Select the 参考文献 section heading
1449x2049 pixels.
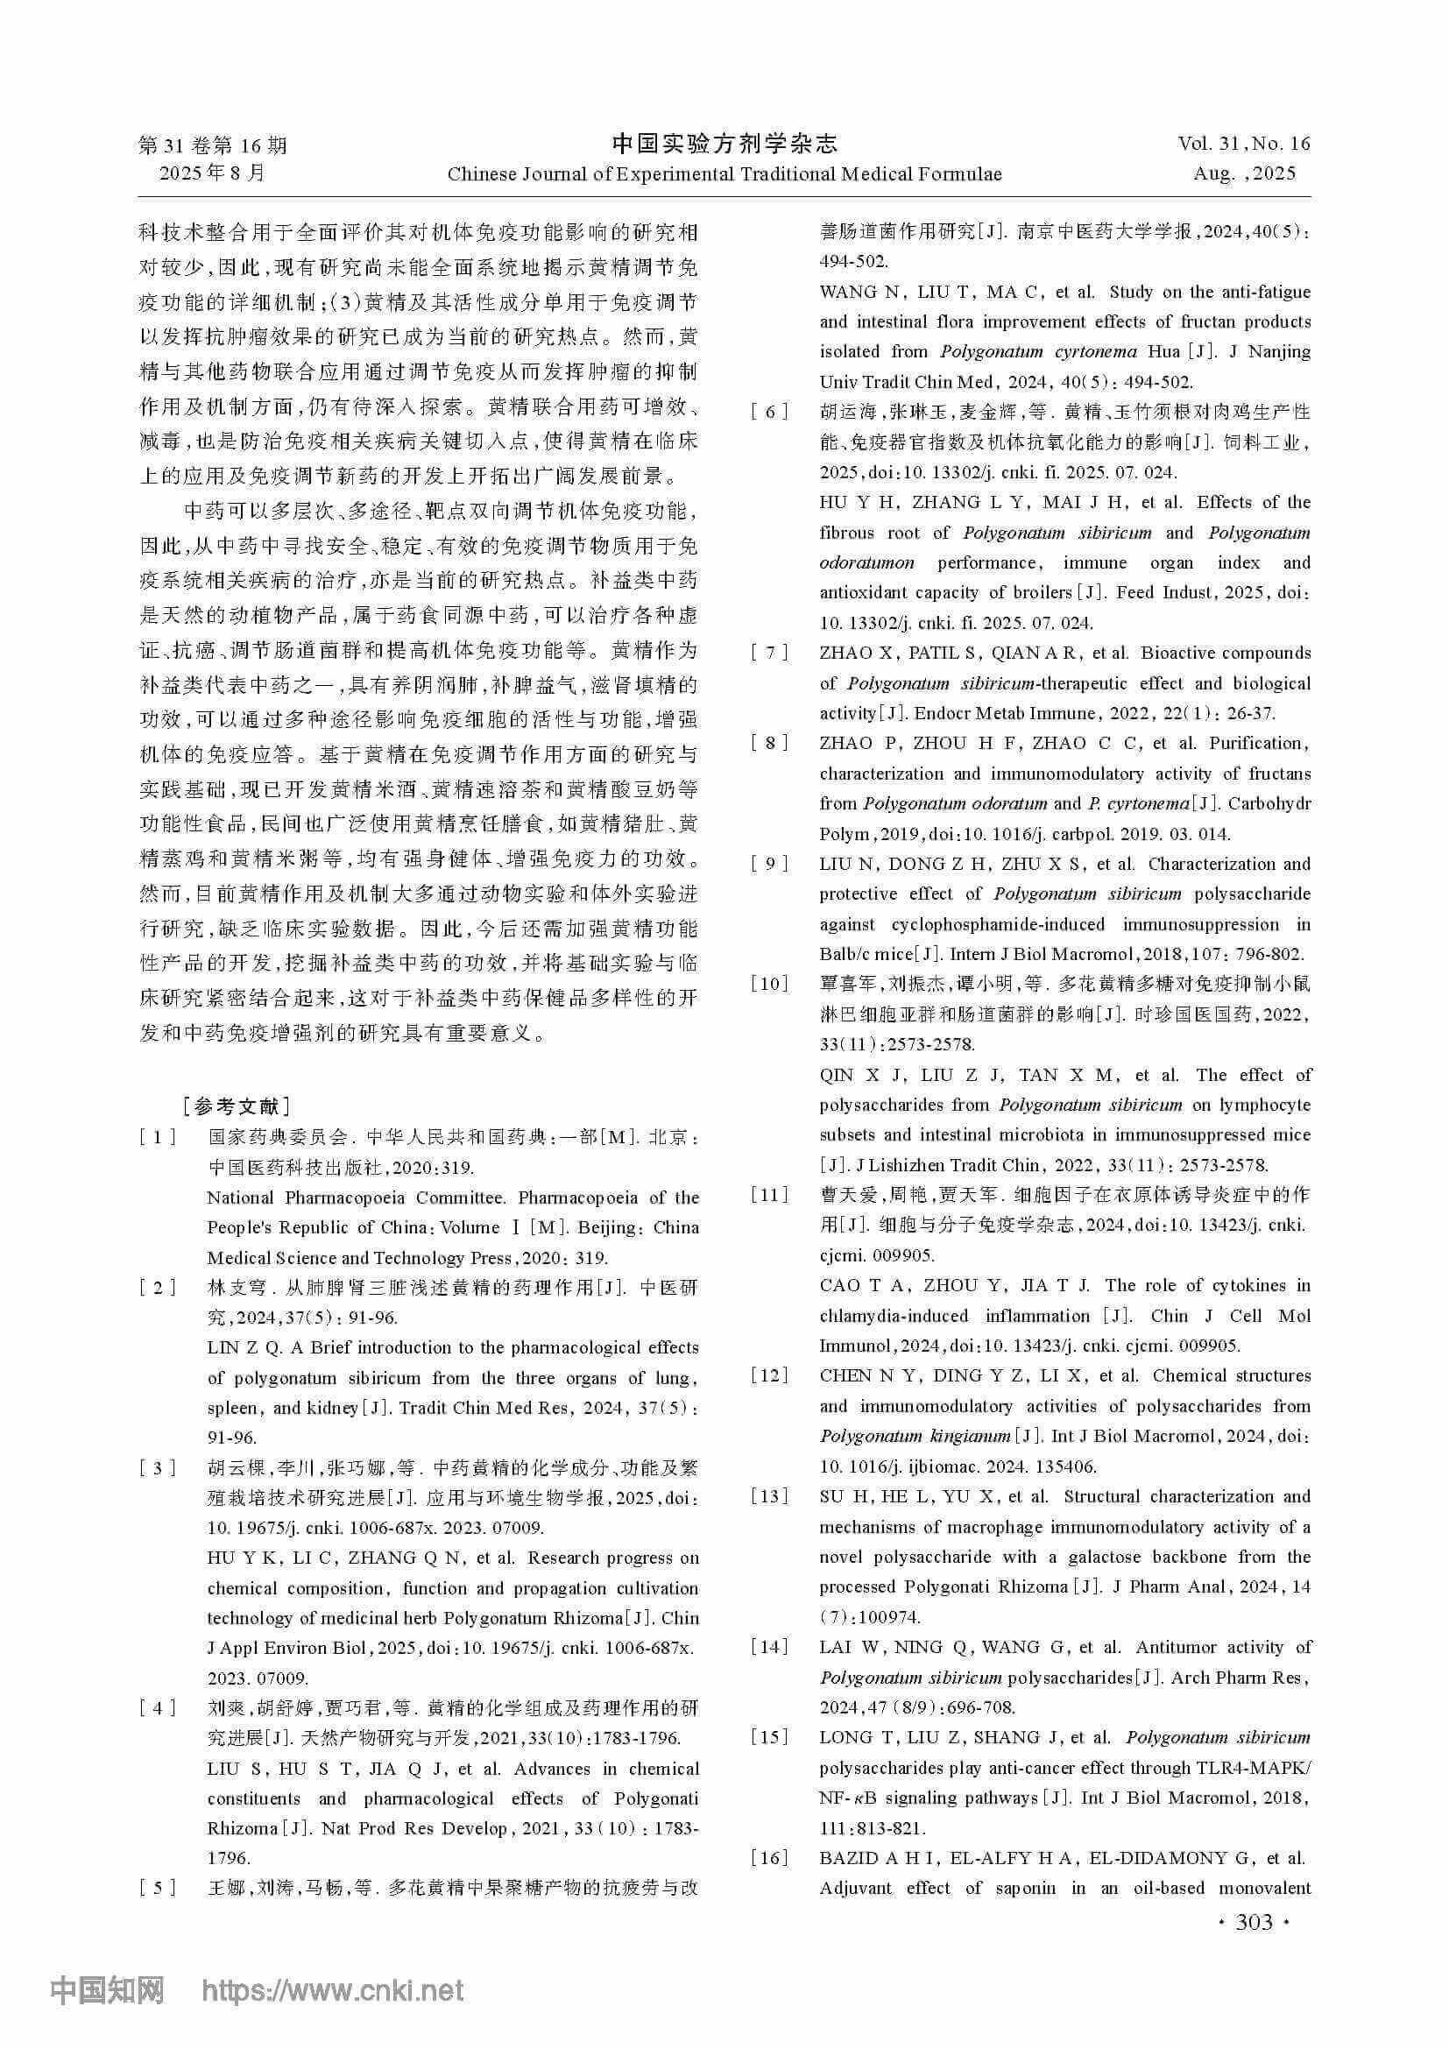tap(236, 1107)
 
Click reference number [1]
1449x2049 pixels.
tap(157, 1138)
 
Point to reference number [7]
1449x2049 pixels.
tap(769, 654)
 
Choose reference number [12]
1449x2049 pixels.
tap(769, 1376)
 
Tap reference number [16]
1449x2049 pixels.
tap(769, 1858)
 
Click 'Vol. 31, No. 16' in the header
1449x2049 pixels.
tap(1244, 144)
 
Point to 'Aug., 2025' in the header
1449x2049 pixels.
tap(1244, 174)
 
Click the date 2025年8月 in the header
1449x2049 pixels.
tap(212, 173)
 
